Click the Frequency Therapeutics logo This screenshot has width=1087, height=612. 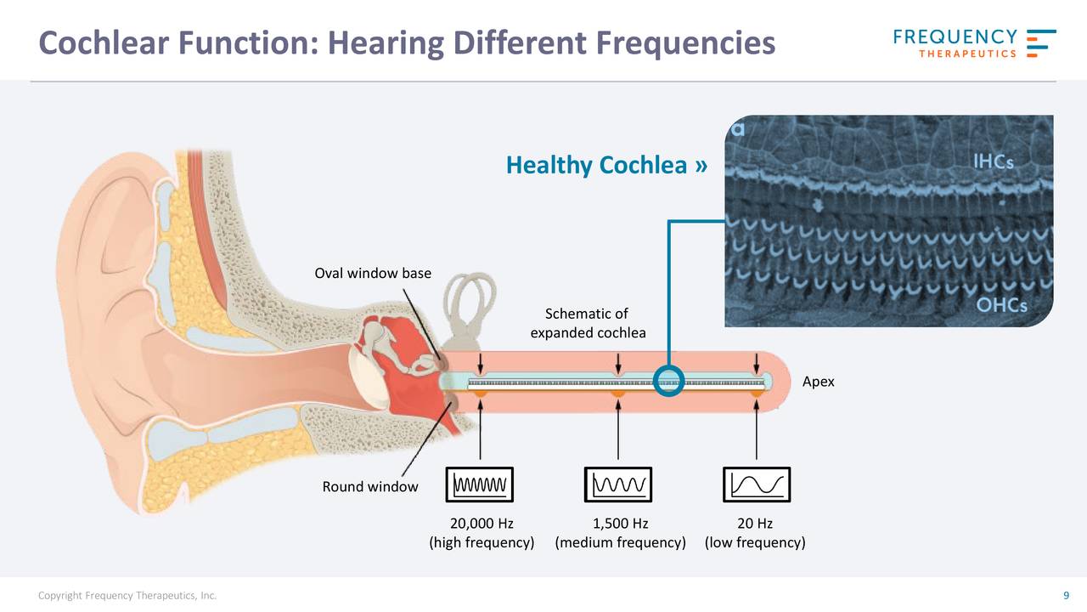pos(974,43)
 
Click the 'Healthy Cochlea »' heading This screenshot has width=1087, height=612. pos(606,165)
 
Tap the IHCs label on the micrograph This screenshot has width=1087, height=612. pos(993,161)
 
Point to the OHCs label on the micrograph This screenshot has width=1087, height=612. pos(1001,305)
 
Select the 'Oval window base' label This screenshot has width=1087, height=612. pos(373,274)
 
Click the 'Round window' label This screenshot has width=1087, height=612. pos(369,487)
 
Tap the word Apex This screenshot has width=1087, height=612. pos(818,382)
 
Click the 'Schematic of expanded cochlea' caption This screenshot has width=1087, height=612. pos(587,324)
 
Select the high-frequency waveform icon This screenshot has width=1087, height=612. pos(480,485)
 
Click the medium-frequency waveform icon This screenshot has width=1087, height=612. pos(618,485)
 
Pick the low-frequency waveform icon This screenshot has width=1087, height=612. pos(757,485)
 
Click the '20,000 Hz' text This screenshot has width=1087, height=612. pos(481,524)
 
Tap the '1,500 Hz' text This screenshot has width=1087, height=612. pos(620,524)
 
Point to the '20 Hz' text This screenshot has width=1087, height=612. pos(755,524)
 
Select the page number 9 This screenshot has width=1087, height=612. pos(1066,596)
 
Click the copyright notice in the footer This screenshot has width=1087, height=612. pos(127,596)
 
